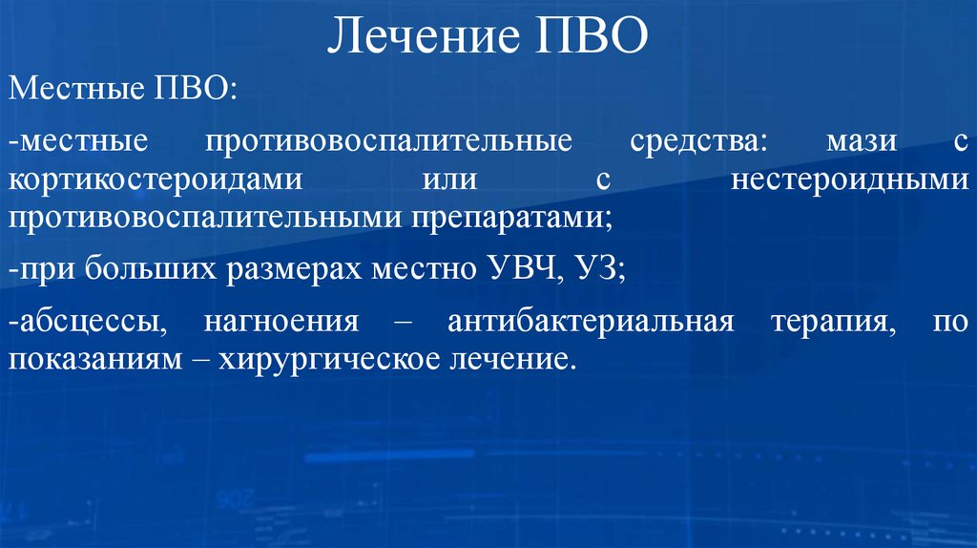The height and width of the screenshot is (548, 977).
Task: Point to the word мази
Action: pyautogui.click(x=863, y=142)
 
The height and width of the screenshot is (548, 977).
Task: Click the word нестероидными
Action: pyautogui.click(x=850, y=180)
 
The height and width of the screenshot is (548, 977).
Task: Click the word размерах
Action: pyautogui.click(x=294, y=270)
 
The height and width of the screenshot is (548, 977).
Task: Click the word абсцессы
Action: pyautogui.click(x=89, y=323)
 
